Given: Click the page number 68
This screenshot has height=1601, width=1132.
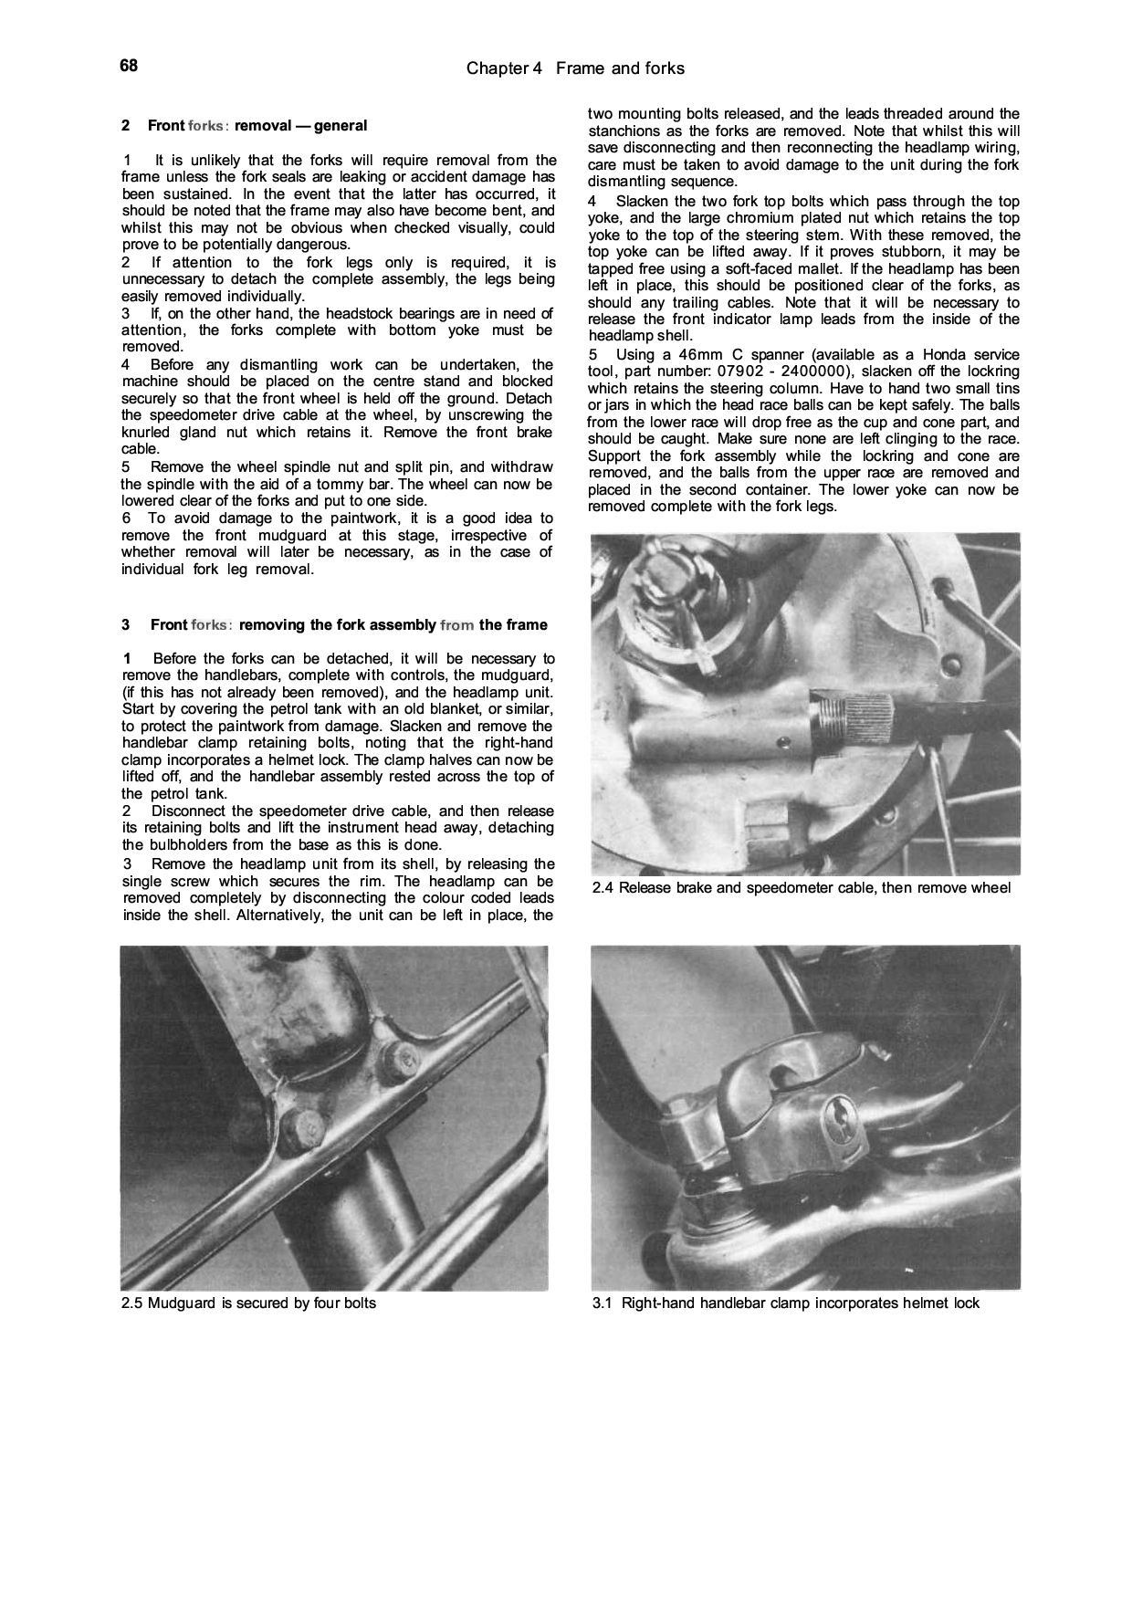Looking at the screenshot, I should (128, 66).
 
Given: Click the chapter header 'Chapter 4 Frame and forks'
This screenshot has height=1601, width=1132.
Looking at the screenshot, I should (574, 68).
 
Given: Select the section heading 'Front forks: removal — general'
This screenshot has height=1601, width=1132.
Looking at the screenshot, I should (244, 126).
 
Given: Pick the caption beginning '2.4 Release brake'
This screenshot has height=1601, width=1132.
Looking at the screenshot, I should (802, 888).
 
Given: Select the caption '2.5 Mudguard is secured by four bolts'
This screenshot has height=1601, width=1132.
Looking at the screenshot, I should (248, 1303).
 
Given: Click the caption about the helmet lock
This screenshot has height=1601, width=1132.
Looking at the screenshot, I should (786, 1303).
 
